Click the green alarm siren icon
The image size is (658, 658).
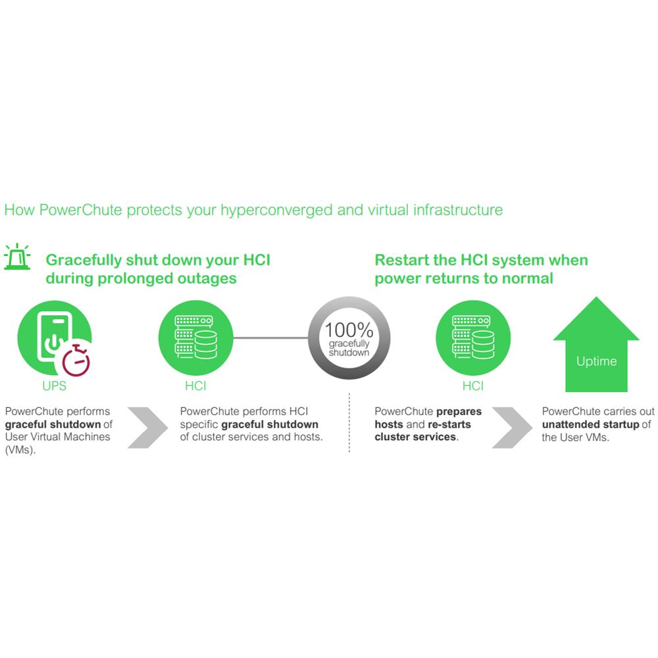click(x=17, y=256)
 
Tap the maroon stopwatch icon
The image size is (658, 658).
click(x=76, y=360)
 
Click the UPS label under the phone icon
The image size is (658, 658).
click(x=54, y=386)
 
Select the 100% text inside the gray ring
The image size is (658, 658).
click(x=349, y=330)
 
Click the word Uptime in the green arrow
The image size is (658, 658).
click(x=596, y=361)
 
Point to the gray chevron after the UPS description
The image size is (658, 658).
click(x=147, y=428)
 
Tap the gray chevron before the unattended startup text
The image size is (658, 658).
click(x=512, y=428)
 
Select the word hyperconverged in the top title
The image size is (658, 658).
click(x=276, y=211)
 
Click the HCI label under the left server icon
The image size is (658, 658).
click(x=195, y=386)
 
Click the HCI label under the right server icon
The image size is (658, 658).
click(x=473, y=386)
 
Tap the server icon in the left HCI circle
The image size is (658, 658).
click(x=195, y=338)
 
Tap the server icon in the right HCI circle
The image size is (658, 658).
click(x=473, y=338)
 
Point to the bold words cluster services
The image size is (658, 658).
click(x=415, y=437)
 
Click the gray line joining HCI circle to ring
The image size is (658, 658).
click(x=270, y=338)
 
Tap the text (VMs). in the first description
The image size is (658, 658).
click(x=20, y=450)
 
